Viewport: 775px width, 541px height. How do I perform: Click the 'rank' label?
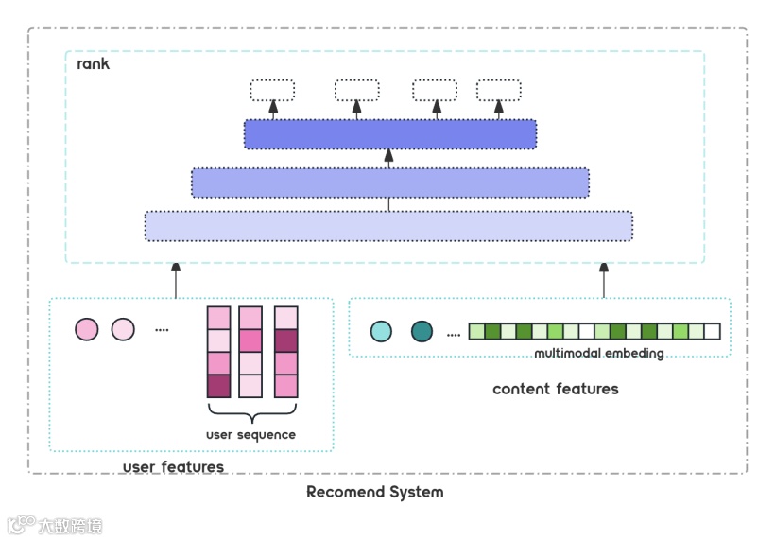pyautogui.click(x=93, y=64)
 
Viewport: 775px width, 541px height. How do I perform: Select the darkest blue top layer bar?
pyautogui.click(x=389, y=134)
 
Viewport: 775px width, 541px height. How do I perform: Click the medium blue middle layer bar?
pyautogui.click(x=389, y=183)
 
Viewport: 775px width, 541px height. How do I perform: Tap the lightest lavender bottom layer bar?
pyautogui.click(x=388, y=226)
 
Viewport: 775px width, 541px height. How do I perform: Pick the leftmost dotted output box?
pyautogui.click(x=272, y=91)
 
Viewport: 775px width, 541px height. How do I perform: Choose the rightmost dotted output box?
pyautogui.click(x=498, y=91)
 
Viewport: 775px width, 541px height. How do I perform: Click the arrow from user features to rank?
pyautogui.click(x=175, y=280)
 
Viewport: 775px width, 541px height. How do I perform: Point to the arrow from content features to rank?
pyautogui.click(x=605, y=280)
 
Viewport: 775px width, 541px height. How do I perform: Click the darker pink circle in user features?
pyautogui.click(x=87, y=330)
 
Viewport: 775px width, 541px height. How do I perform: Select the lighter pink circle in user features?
pyautogui.click(x=123, y=330)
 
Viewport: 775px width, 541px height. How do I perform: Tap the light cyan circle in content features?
pyautogui.click(x=381, y=331)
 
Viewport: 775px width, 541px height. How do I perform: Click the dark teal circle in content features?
pyautogui.click(x=422, y=331)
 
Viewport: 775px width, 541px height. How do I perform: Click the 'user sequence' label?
pyautogui.click(x=250, y=435)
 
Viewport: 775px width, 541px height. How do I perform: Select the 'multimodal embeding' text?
pyautogui.click(x=599, y=354)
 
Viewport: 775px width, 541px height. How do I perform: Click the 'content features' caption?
pyautogui.click(x=555, y=389)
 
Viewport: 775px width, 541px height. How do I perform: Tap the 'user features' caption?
pyautogui.click(x=173, y=467)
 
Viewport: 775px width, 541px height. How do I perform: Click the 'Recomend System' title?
pyautogui.click(x=374, y=492)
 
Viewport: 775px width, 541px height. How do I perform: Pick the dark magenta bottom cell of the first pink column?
pyautogui.click(x=218, y=386)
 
